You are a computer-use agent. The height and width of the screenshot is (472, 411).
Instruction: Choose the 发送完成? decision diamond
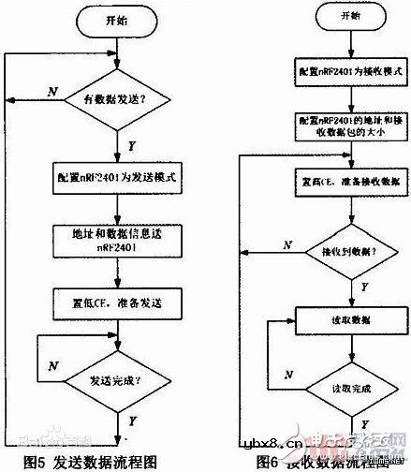coord(116,382)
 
